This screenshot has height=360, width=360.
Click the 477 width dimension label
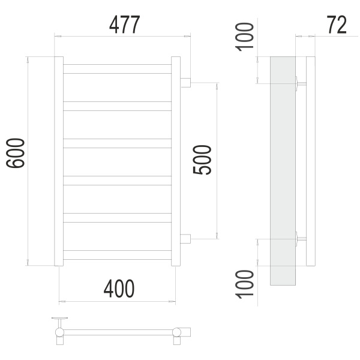tap(124, 25)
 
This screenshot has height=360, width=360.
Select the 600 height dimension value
tap(16, 153)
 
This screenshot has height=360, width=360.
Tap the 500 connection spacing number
tap(202, 160)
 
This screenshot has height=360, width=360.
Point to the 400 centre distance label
tap(119, 289)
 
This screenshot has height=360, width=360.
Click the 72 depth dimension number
tap(337, 25)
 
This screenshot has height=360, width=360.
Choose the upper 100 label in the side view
tap(245, 37)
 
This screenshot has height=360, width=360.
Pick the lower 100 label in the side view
tap(245, 284)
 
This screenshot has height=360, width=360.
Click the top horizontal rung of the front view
tap(118, 69)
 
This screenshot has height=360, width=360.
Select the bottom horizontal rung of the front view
tap(118, 255)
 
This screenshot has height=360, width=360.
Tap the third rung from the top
tap(118, 143)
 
